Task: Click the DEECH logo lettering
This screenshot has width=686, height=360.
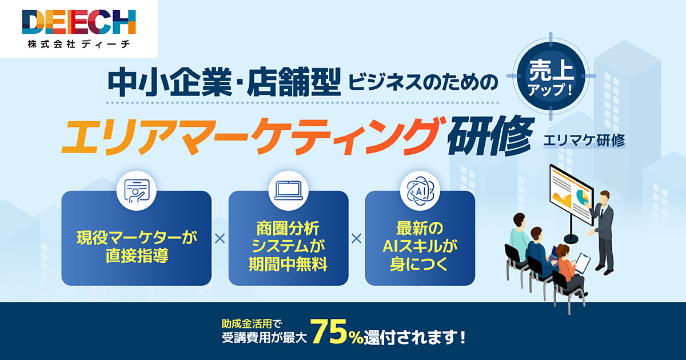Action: (x=79, y=22)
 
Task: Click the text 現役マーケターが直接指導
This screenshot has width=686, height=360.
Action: (x=136, y=245)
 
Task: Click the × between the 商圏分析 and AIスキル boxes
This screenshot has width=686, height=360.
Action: (x=357, y=239)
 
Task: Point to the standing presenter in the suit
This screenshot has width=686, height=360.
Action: (x=603, y=229)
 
